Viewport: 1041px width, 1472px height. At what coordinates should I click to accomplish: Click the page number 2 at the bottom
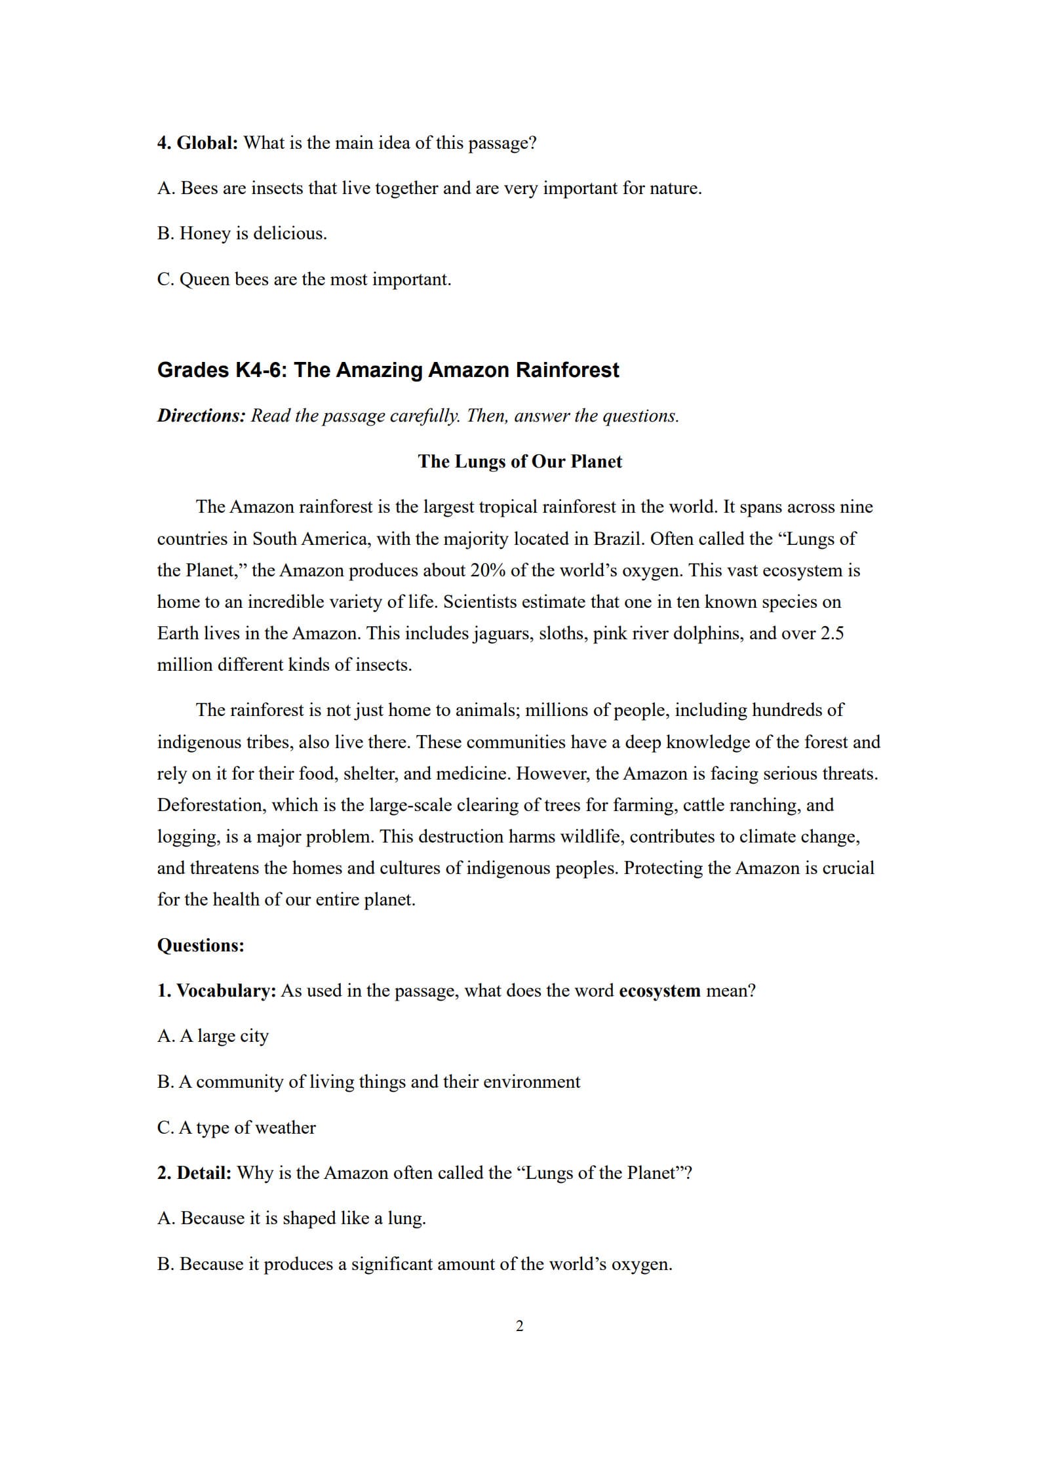click(520, 1326)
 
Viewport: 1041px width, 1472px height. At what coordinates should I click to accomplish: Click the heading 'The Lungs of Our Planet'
click(520, 462)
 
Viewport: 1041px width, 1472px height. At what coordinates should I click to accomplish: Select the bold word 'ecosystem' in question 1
click(659, 991)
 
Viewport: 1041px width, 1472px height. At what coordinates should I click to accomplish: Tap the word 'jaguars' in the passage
click(502, 633)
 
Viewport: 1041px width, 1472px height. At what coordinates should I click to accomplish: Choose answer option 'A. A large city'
click(213, 1036)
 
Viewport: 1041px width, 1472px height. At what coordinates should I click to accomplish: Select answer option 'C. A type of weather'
click(237, 1127)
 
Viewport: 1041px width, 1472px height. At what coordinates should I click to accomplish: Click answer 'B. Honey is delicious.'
click(242, 233)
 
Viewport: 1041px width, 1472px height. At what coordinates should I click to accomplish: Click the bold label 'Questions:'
click(201, 945)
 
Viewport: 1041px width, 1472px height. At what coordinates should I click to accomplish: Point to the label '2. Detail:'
click(194, 1172)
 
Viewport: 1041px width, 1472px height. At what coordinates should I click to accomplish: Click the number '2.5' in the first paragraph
click(832, 633)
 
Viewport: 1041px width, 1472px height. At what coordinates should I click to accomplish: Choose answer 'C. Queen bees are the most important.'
click(304, 279)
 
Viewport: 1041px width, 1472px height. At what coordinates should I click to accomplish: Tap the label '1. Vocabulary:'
click(216, 991)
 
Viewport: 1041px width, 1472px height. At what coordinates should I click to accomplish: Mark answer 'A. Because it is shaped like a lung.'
click(292, 1218)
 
